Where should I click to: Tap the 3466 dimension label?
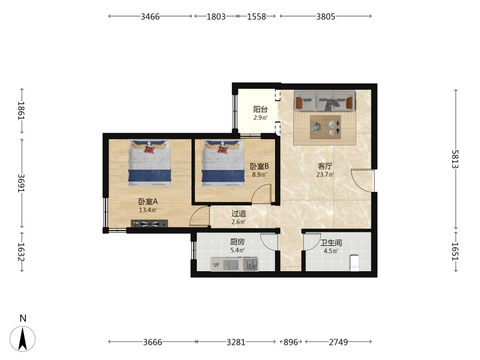[x=150, y=16]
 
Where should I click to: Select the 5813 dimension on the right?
[x=456, y=159]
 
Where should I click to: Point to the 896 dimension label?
[x=291, y=342]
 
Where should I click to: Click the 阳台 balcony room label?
[x=261, y=109]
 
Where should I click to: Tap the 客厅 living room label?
[x=325, y=166]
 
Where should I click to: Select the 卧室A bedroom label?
[x=148, y=202]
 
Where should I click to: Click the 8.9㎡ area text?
[x=259, y=175]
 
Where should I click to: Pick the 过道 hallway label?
[x=239, y=214]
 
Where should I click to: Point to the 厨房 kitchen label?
[x=238, y=242]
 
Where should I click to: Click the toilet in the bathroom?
[x=355, y=263]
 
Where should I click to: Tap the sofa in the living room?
[x=324, y=100]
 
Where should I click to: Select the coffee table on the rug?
[x=325, y=127]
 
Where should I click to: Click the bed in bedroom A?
[x=150, y=163]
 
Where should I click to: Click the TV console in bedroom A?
[x=149, y=224]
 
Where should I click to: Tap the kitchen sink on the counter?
[x=251, y=264]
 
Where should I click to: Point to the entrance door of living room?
[x=362, y=180]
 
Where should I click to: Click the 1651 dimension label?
[x=456, y=252]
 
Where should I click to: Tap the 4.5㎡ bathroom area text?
[x=331, y=251]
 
